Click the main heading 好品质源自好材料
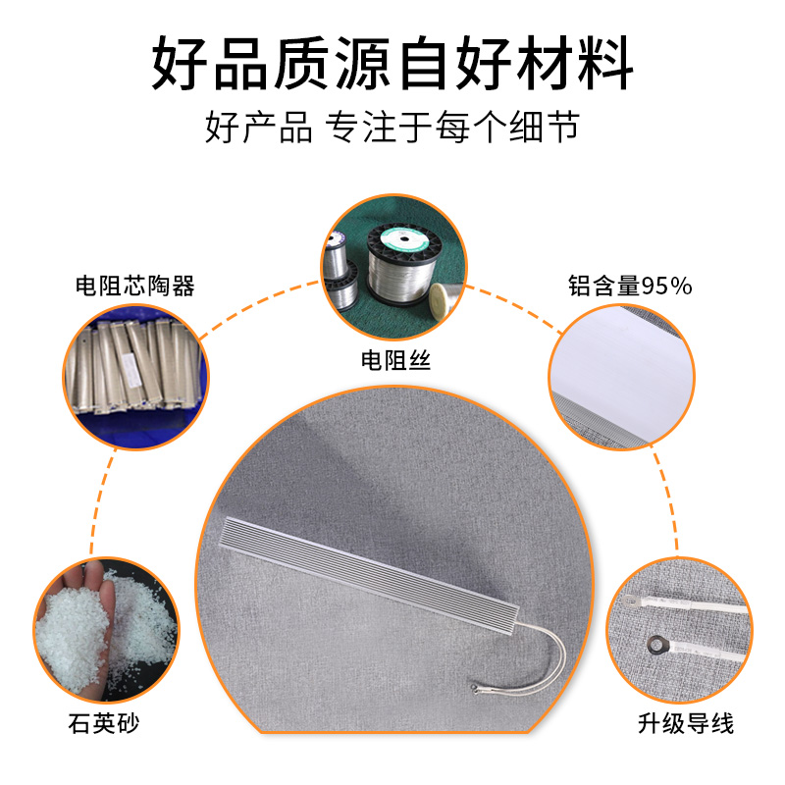point(392,63)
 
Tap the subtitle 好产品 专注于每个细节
point(392,127)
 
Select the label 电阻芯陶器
point(135,286)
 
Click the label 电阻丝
point(395,360)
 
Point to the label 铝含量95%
point(630,286)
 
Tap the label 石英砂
point(104,723)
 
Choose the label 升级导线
point(685,723)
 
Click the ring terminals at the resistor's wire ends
point(477,690)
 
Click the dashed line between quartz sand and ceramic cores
point(100,500)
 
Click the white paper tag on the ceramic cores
point(131,370)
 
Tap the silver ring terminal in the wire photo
point(629,600)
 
